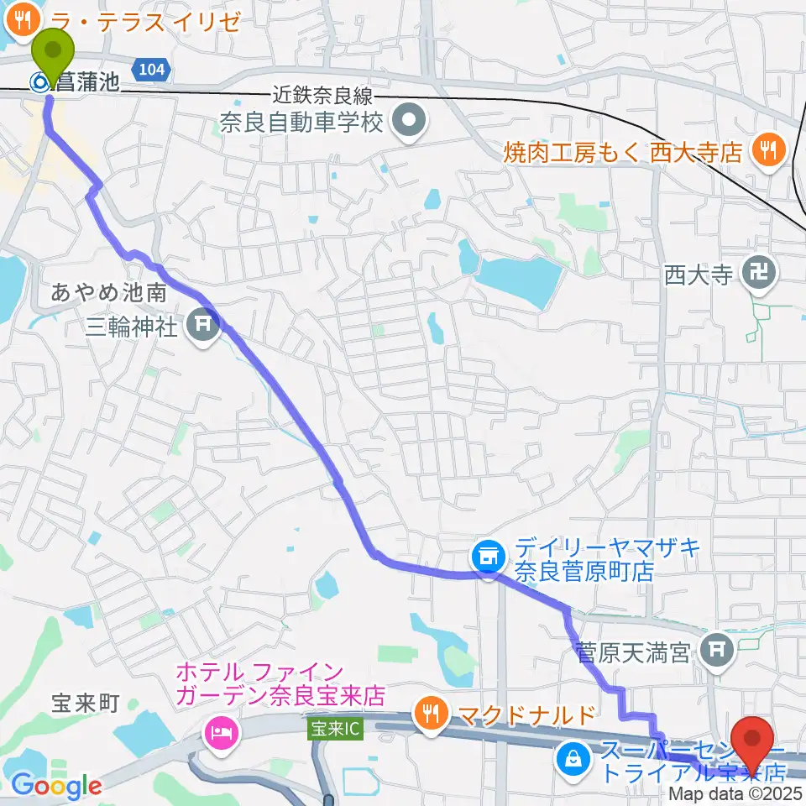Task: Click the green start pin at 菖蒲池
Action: tap(52, 55)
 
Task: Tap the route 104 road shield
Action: tap(152, 71)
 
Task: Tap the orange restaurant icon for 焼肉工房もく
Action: tap(766, 152)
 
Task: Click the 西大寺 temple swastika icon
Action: tap(761, 273)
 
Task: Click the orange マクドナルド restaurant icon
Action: tap(431, 715)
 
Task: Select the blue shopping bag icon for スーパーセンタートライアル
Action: tap(573, 759)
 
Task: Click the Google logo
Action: tap(56, 785)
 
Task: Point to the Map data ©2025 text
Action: tap(735, 793)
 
